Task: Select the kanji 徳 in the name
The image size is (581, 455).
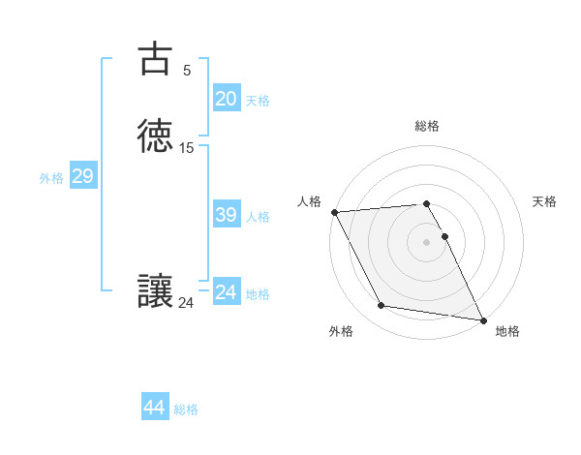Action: (155, 136)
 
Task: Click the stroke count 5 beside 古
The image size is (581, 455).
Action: (187, 70)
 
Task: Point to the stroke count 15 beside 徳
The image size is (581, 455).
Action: (187, 148)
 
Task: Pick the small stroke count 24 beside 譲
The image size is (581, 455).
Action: (186, 303)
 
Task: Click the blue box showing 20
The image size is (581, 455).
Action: (226, 99)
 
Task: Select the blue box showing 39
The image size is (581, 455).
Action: (226, 215)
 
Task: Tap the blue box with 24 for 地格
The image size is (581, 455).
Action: (226, 292)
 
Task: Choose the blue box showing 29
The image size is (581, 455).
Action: (82, 176)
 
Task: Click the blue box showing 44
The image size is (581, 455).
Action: (155, 408)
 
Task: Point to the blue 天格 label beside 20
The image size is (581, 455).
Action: (258, 101)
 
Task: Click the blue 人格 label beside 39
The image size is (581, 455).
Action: (258, 217)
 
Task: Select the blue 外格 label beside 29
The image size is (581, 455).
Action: (51, 178)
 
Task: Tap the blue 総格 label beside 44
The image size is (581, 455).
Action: (186, 409)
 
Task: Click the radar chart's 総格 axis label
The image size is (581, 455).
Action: (427, 126)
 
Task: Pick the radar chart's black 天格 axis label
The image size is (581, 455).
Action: (545, 201)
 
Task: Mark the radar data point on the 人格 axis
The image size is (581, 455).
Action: (334, 212)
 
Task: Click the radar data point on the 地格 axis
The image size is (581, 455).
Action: (481, 318)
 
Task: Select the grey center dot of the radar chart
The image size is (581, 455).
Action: (427, 242)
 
